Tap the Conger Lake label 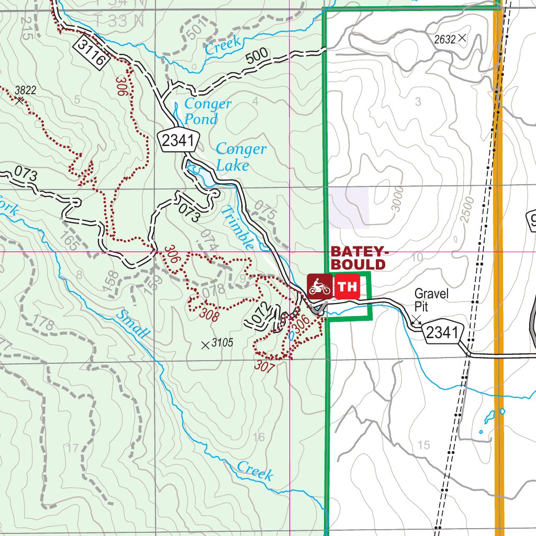point(240,157)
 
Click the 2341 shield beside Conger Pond point(180,141)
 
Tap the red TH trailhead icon point(347,286)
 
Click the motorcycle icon point(319,286)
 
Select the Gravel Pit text point(431,300)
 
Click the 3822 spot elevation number point(25,90)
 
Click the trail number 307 point(265,366)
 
